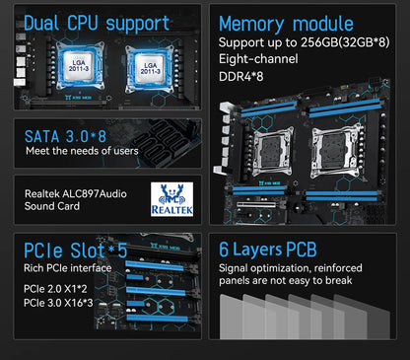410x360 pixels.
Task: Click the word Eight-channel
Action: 257,61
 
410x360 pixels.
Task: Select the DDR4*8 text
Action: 241,78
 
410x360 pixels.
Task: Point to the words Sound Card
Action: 52,208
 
